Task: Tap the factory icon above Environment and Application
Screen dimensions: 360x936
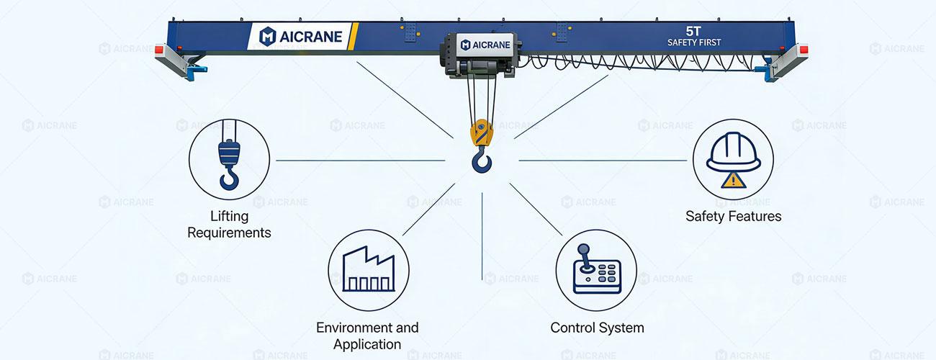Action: (x=368, y=271)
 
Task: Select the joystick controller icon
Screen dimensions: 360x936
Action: (x=596, y=270)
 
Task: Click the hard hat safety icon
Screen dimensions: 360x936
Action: (x=732, y=159)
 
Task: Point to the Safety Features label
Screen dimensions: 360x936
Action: (x=732, y=216)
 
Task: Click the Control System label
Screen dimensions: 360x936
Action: (x=597, y=328)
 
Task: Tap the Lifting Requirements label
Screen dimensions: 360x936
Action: (x=229, y=224)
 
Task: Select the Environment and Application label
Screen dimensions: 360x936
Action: (x=367, y=336)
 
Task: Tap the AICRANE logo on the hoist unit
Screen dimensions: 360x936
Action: (x=486, y=45)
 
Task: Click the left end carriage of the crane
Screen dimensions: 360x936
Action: (x=180, y=60)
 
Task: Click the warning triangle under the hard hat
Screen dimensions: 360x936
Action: (x=733, y=181)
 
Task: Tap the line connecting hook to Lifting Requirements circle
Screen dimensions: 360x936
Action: (x=360, y=160)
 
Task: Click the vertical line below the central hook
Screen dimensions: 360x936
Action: (x=482, y=238)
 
